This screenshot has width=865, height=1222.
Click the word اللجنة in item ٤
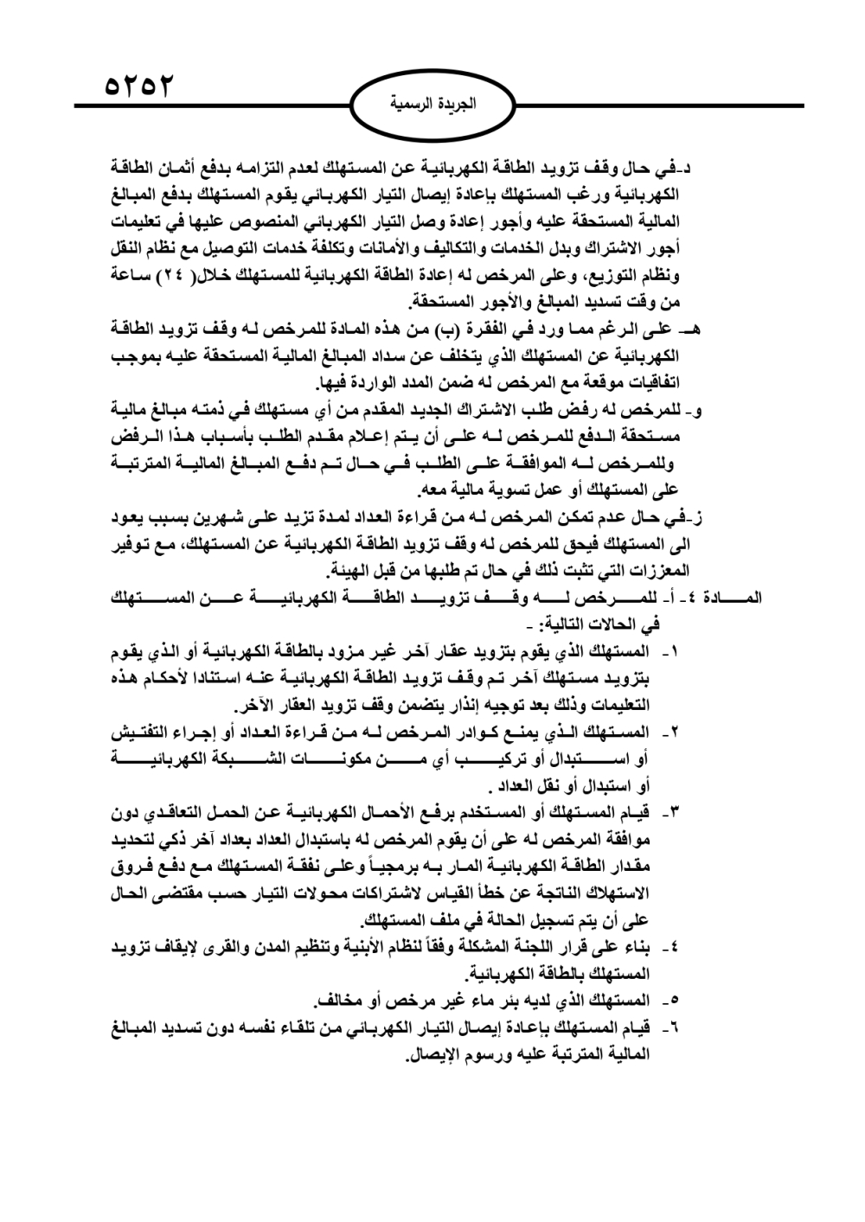pos(522,947)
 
